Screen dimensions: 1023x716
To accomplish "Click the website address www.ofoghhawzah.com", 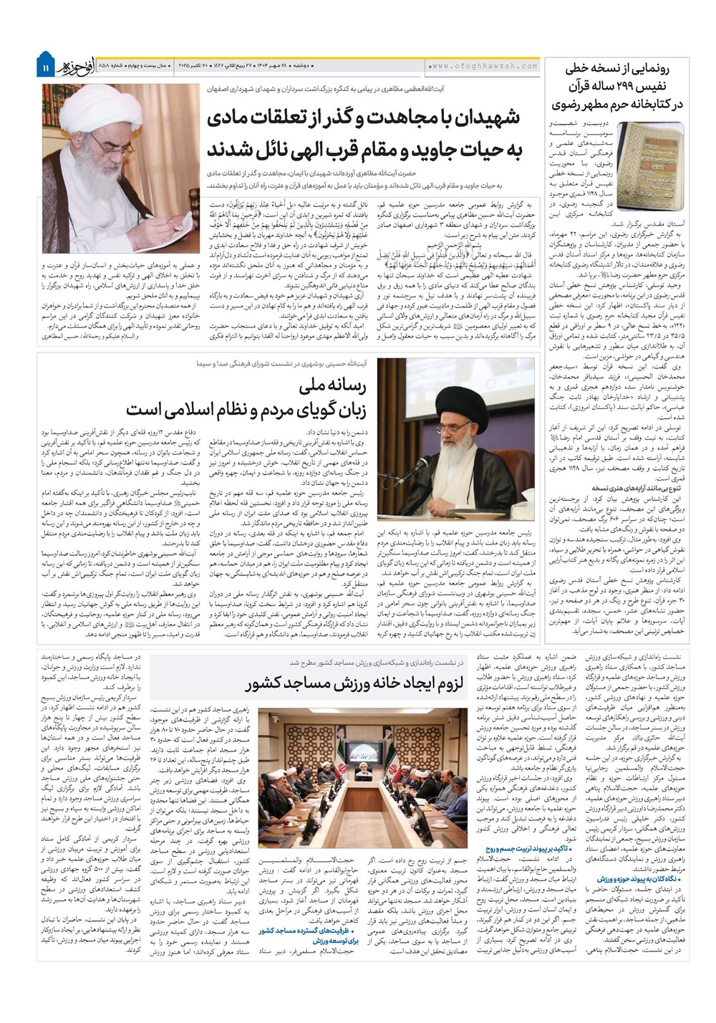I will coord(484,66).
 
